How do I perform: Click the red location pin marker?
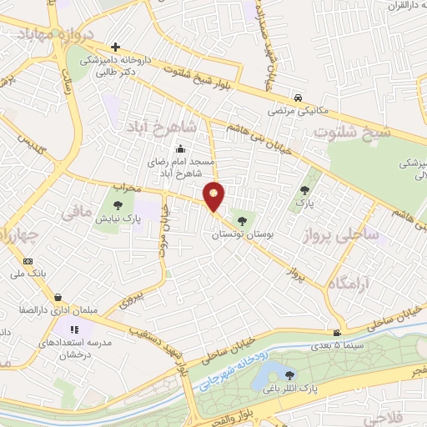pyautogui.click(x=214, y=197)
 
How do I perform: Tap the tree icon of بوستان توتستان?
pyautogui.click(x=242, y=221)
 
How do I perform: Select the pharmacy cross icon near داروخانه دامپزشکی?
pyautogui.click(x=115, y=47)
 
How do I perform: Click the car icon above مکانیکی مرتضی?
pyautogui.click(x=299, y=96)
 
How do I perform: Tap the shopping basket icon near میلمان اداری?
pyautogui.click(x=58, y=296)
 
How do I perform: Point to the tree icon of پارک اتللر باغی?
pyautogui.click(x=289, y=375)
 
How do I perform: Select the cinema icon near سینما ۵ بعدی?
pyautogui.click(x=336, y=332)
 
